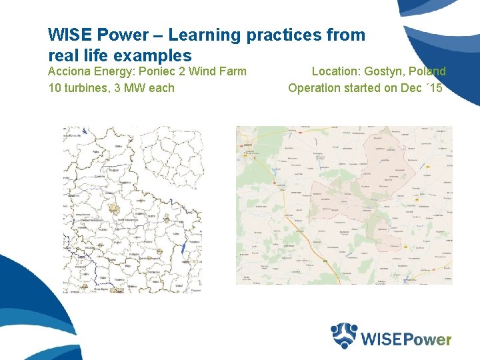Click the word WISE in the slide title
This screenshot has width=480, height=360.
click(x=70, y=35)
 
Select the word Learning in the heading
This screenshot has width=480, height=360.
click(x=202, y=35)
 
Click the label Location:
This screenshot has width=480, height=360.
click(x=336, y=71)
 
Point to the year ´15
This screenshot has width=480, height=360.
click(x=433, y=87)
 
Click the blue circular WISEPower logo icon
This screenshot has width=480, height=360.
click(x=345, y=336)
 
